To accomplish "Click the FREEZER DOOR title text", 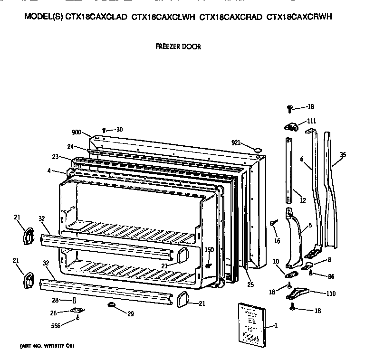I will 178,47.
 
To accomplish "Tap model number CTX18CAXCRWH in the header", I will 299,17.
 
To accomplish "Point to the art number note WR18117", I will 47,345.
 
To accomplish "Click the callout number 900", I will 77,132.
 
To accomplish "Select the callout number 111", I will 311,121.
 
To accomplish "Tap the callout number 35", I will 343,154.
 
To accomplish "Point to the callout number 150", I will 209,250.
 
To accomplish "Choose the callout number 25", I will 250,284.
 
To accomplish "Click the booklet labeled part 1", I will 251,321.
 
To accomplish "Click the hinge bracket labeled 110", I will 297,294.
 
